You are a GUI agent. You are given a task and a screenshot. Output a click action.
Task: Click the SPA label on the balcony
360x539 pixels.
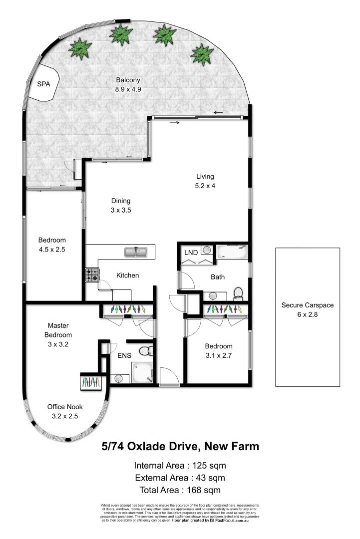[x=44, y=84]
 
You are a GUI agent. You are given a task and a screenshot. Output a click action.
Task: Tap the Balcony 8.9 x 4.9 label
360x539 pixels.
[x=128, y=85]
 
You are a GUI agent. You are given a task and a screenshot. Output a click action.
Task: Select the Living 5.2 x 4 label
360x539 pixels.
[x=205, y=181]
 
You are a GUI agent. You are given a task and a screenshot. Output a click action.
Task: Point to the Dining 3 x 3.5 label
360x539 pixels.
[x=120, y=206]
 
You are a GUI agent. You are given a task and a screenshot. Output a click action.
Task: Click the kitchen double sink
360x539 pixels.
[x=136, y=252]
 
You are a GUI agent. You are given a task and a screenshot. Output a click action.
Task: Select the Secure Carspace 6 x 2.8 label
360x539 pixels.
[x=307, y=309]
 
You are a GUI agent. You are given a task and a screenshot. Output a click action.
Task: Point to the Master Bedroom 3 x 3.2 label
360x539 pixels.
[x=58, y=334]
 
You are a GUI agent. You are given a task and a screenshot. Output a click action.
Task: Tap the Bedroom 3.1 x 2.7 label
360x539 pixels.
[x=218, y=351]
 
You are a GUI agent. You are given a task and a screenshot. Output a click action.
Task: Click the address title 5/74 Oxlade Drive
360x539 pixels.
[x=180, y=446]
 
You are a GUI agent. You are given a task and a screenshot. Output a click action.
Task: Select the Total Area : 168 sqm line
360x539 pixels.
[x=180, y=490]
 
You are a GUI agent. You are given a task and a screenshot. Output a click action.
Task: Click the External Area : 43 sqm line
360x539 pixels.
[x=180, y=478]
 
